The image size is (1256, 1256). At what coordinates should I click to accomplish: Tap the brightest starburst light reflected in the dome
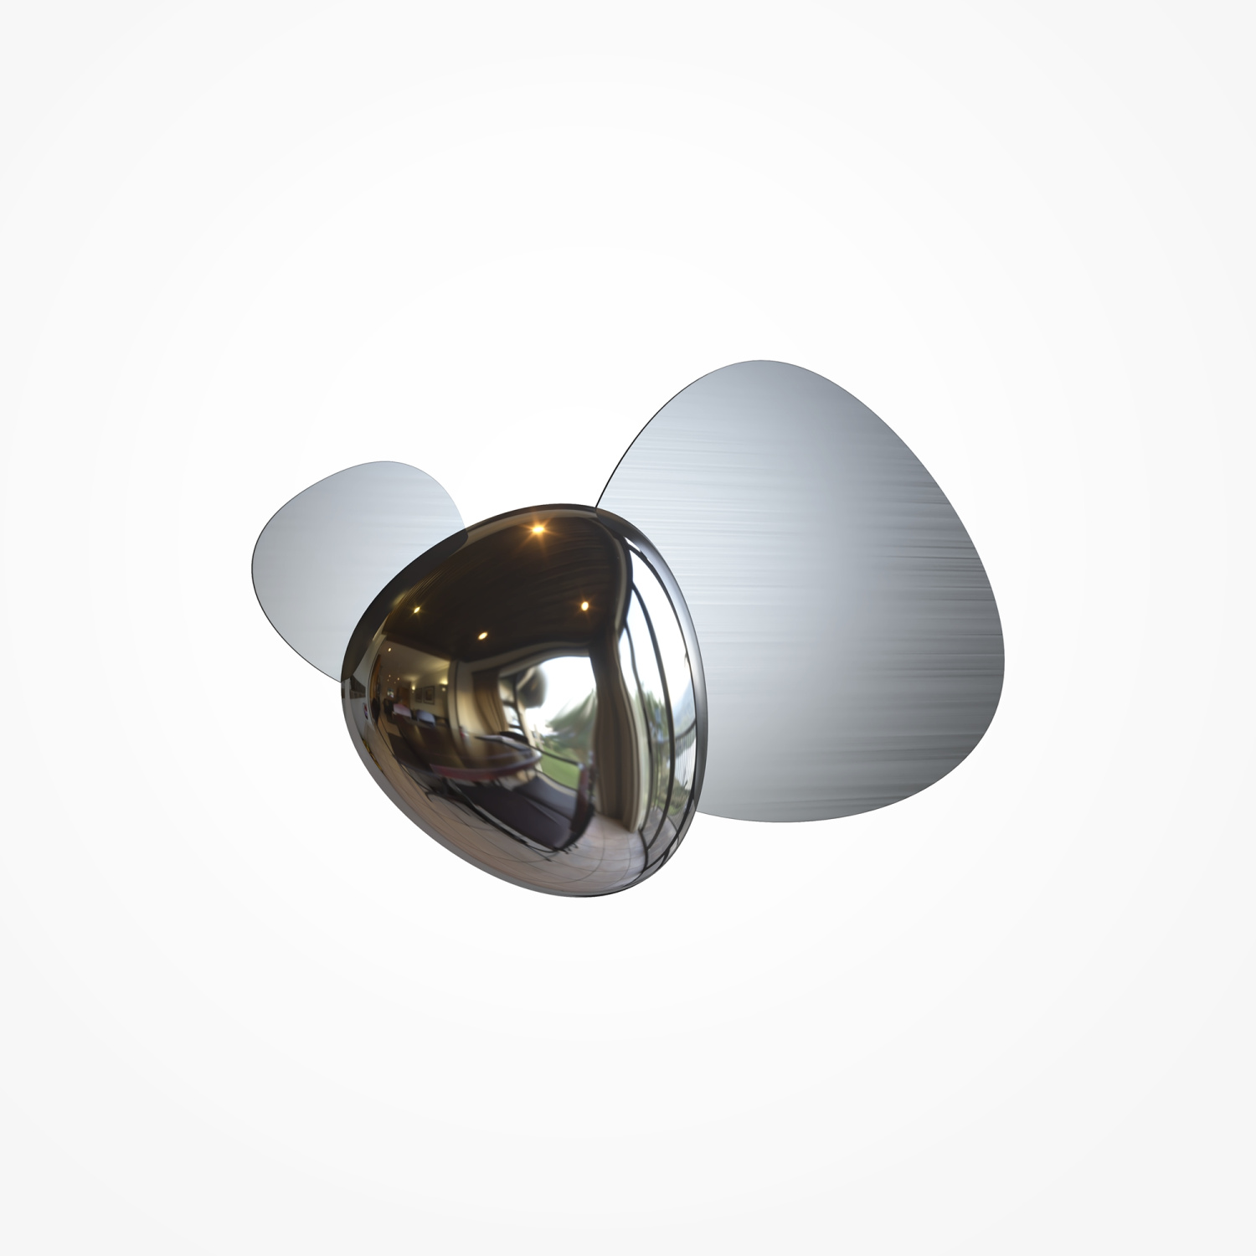pyautogui.click(x=538, y=528)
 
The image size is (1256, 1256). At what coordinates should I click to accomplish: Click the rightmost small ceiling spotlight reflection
pyautogui.click(x=584, y=605)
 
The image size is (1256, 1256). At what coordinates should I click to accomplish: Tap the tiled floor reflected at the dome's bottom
pyautogui.click(x=578, y=846)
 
